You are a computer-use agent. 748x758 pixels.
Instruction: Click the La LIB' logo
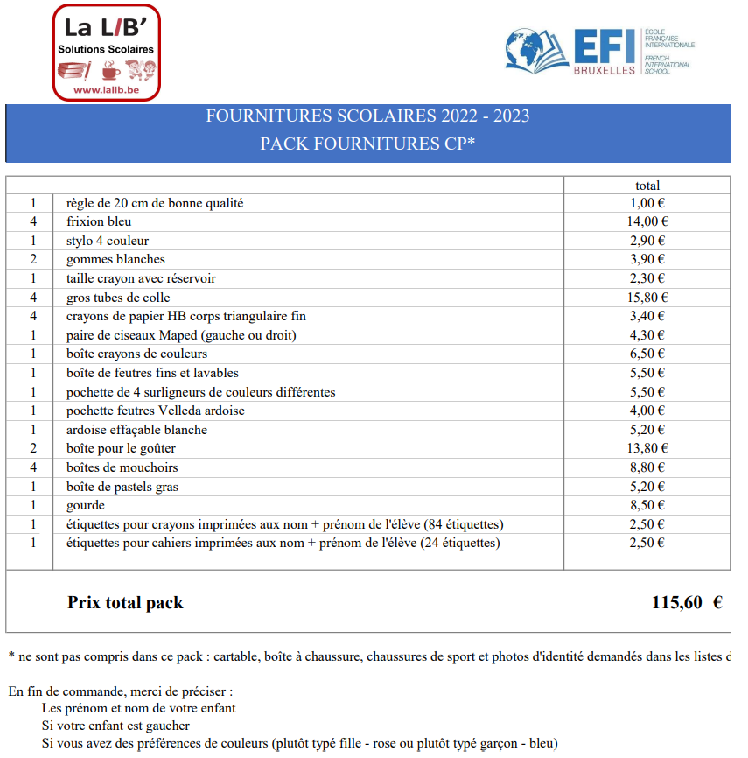[x=106, y=53]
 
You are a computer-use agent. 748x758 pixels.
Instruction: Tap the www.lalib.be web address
[x=106, y=89]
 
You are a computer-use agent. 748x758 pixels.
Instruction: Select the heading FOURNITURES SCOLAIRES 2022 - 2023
[x=367, y=116]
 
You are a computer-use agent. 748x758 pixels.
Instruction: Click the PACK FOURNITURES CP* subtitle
[x=367, y=144]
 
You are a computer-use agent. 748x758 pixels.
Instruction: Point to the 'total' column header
[x=647, y=185]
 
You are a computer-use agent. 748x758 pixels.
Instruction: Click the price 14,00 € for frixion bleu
[x=647, y=221]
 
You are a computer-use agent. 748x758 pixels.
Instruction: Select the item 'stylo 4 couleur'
[x=108, y=241]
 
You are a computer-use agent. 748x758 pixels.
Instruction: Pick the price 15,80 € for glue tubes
[x=647, y=298]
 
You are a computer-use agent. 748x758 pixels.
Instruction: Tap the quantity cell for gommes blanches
[x=33, y=259]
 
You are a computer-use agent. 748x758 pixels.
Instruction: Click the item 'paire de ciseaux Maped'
[x=181, y=335]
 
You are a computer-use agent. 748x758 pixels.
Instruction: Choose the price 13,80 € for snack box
[x=647, y=448]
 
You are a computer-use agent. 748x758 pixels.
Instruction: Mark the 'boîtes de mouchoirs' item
[x=122, y=467]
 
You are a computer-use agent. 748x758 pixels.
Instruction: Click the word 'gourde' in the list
[x=86, y=505]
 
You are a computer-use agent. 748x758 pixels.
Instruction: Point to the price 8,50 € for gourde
[x=647, y=505]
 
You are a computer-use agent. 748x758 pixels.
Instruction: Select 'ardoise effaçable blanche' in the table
[x=136, y=430]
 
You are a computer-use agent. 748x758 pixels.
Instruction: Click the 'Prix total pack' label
[x=125, y=602]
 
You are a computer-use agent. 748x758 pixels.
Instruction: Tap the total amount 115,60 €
[x=686, y=602]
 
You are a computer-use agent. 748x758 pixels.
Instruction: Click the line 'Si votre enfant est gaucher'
[x=115, y=726]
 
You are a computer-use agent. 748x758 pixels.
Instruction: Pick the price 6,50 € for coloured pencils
[x=647, y=354]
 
